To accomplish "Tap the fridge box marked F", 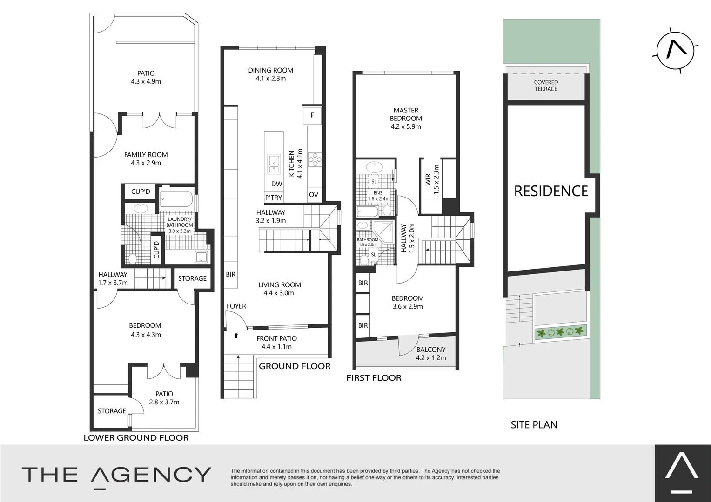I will [x=312, y=115].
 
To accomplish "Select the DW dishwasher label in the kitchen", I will [x=277, y=184].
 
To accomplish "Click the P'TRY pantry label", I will [x=274, y=198].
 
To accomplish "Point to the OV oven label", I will [x=314, y=195].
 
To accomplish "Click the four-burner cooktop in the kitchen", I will [x=315, y=159].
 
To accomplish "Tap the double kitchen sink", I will [x=274, y=160].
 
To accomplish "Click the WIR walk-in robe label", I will [x=428, y=180].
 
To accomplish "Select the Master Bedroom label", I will [x=406, y=114].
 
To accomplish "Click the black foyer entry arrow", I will [x=236, y=335].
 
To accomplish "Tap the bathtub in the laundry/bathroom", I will [x=176, y=199].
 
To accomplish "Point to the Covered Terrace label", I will [x=546, y=86].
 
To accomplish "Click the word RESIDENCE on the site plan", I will [x=551, y=191].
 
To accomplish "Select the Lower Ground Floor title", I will [x=136, y=438].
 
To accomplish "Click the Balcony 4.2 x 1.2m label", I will [x=431, y=354].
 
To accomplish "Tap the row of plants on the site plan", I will [x=560, y=332].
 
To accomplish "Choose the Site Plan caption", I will [x=534, y=425].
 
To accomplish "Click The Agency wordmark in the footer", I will [x=116, y=475].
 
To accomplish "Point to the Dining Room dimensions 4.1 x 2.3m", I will [x=270, y=79].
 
